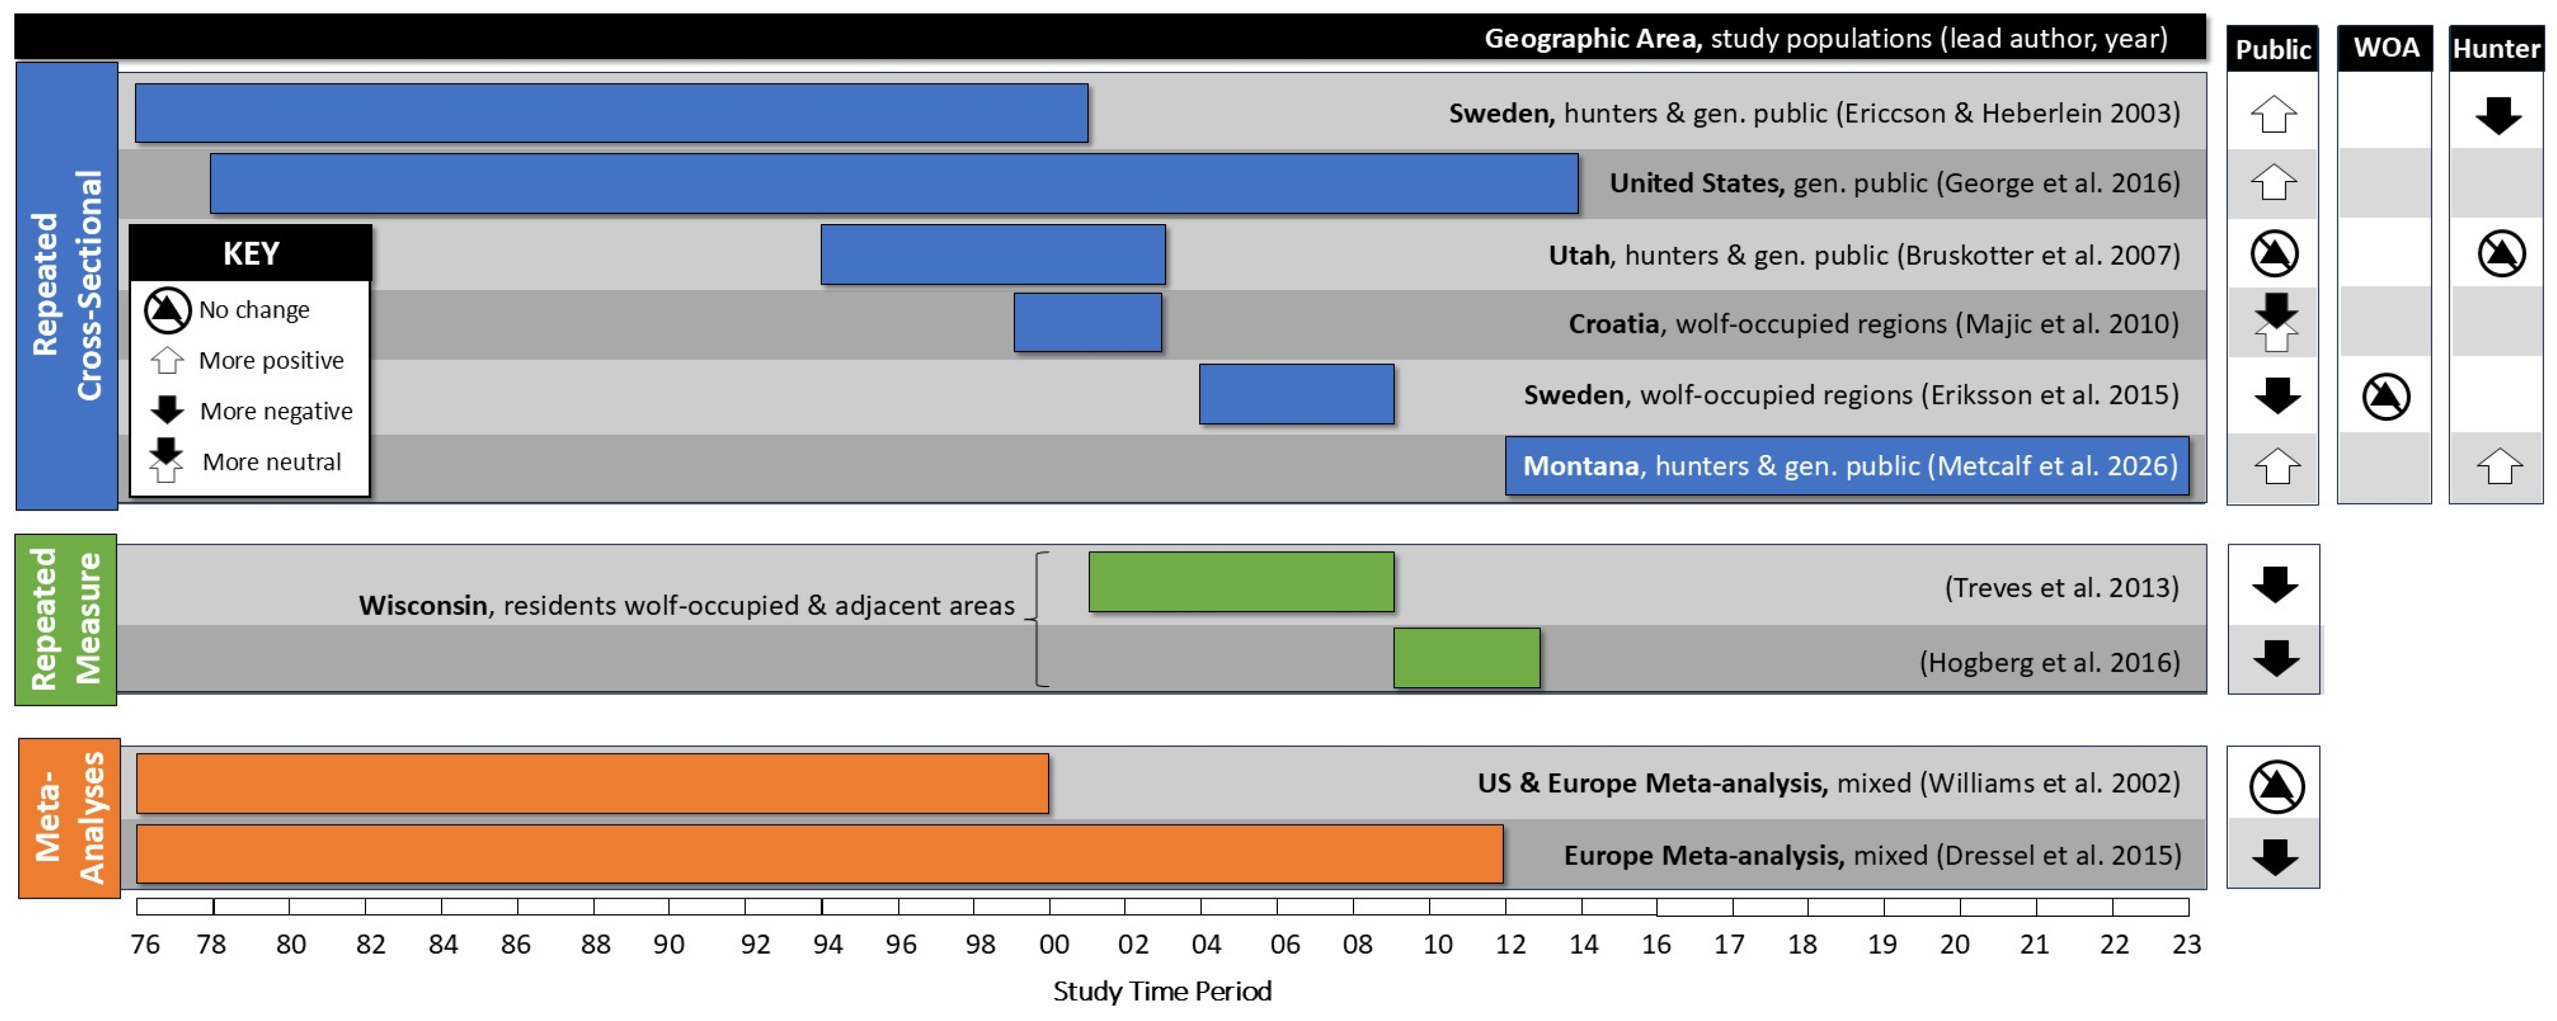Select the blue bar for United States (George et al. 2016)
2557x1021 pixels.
click(893, 183)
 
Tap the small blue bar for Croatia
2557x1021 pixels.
click(1087, 323)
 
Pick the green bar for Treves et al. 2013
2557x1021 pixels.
click(1241, 582)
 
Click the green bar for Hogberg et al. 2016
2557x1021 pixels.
click(1466, 658)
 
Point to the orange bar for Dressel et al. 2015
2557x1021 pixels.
click(819, 854)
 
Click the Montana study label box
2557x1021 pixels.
click(1846, 466)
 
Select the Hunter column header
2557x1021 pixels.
click(2495, 49)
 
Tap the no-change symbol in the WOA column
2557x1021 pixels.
click(2385, 397)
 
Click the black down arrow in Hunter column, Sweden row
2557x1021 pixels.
click(2498, 116)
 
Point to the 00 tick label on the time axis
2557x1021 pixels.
click(1053, 945)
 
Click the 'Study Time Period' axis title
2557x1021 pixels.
click(1161, 991)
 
